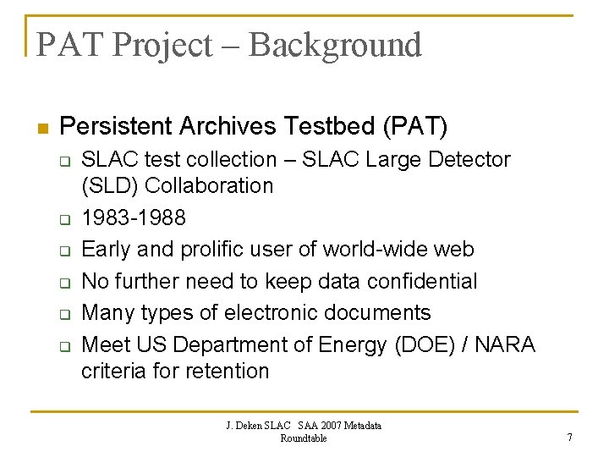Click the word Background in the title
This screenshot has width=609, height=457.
335,45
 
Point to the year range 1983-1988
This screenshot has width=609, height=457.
134,217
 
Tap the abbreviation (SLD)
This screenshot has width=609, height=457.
108,185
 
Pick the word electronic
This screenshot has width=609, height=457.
274,312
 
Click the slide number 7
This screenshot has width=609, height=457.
570,438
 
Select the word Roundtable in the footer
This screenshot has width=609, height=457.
304,438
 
